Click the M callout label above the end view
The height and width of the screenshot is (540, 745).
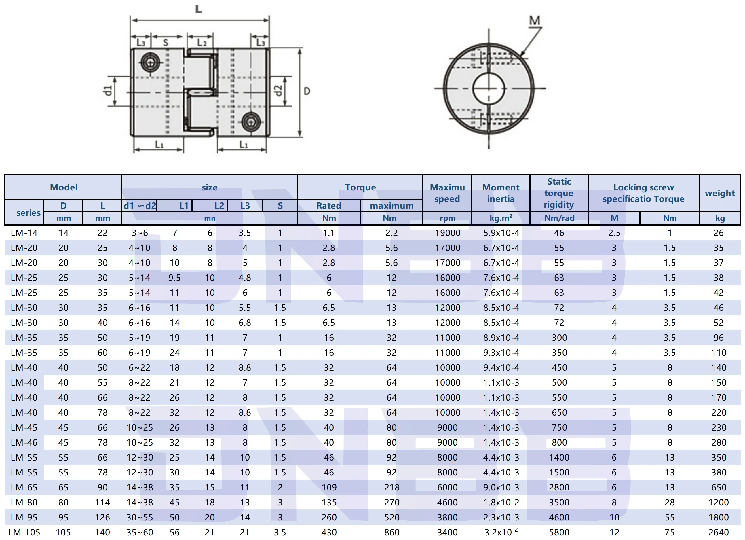[535, 20]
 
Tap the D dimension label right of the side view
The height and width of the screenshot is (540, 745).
[307, 91]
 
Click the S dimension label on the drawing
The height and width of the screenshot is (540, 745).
[166, 43]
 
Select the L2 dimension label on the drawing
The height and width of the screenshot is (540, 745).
[202, 43]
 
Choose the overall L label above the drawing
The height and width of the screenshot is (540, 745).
[198, 9]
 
